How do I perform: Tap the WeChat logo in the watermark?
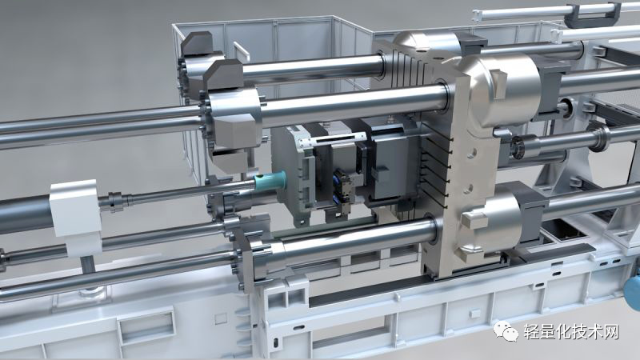pos(506,331)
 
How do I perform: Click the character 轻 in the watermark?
pos(532,332)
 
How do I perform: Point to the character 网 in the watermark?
pos(610,332)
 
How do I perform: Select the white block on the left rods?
pos(76,216)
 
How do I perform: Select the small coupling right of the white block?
pos(115,202)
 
